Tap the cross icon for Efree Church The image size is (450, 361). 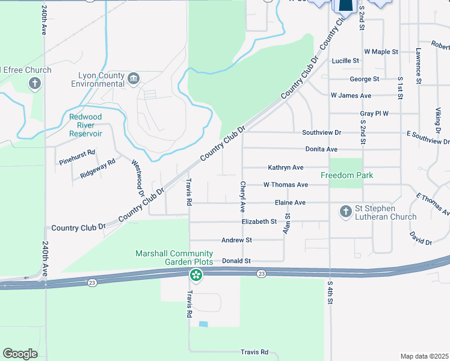(x=35, y=82)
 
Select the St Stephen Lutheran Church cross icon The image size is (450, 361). (x=346, y=211)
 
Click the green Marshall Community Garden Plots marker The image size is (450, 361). (x=196, y=276)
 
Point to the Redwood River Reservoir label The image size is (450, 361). (x=85, y=125)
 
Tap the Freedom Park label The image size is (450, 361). (x=347, y=175)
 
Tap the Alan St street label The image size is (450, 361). (x=288, y=223)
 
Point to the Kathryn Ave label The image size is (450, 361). (x=285, y=167)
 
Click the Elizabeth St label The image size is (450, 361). (x=259, y=221)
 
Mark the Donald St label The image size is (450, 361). (x=236, y=261)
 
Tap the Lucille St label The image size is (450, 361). (x=345, y=61)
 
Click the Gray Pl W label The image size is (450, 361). (x=374, y=113)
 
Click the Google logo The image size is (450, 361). (x=20, y=354)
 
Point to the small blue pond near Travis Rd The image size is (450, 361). (x=203, y=324)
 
